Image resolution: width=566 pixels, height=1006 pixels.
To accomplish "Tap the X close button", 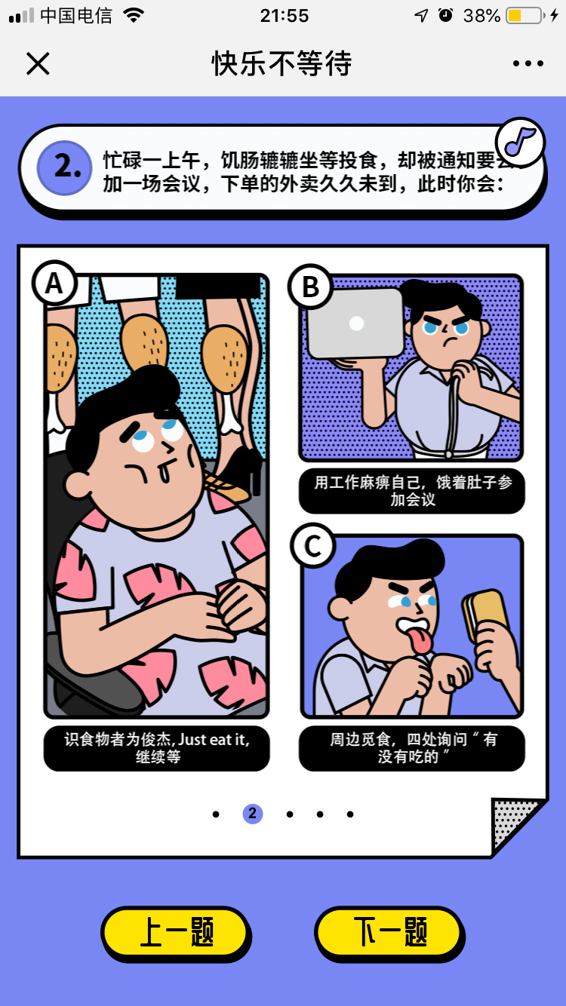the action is (38, 63).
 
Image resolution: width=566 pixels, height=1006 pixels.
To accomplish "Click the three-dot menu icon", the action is (528, 63).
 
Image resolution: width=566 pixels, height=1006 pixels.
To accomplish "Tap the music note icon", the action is (520, 142).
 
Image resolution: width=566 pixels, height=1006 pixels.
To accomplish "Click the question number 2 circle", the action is (64, 167).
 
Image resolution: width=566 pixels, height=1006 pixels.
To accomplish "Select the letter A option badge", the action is (54, 284).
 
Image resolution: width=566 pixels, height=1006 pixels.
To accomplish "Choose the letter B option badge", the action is (310, 287).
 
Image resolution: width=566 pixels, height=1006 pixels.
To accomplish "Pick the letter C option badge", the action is (313, 546).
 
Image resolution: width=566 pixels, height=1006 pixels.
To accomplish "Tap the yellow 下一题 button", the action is (389, 933).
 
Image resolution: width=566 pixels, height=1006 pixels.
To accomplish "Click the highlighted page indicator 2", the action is (252, 814).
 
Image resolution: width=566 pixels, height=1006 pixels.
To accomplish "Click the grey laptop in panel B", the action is (355, 324).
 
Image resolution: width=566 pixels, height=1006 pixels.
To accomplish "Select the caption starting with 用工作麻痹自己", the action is (412, 491).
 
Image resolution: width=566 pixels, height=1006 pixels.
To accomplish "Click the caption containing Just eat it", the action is (157, 748).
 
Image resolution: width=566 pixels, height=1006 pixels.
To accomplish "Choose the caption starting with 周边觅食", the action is (412, 748).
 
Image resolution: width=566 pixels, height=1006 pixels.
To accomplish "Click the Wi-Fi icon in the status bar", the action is (134, 15).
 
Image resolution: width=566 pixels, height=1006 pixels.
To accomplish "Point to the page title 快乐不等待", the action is (282, 63).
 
